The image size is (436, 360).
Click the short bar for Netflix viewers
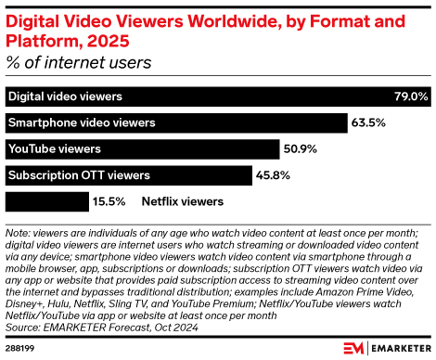point(32,199)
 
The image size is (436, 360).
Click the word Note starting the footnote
point(18,232)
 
